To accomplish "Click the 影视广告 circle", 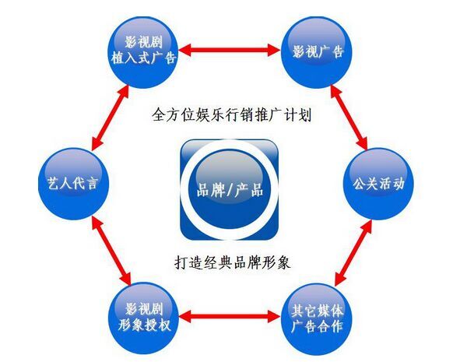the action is click(318, 52).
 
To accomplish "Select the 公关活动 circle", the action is click(378, 184).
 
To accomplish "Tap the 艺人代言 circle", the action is click(74, 184).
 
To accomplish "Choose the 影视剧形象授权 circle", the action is click(144, 318).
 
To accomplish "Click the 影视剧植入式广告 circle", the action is click(144, 52).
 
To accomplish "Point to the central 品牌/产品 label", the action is click(230, 190).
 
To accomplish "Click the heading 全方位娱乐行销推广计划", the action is click(231, 114).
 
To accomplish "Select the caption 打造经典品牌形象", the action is click(233, 262).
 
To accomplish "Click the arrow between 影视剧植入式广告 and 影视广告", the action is click(230, 50).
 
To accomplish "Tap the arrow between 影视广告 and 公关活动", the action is click(349, 118).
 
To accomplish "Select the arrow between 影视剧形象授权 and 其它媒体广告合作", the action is click(230, 317).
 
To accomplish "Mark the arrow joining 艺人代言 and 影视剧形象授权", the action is click(111, 251).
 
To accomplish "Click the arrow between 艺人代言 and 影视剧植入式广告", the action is click(110, 118).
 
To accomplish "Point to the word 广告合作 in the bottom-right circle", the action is click(318, 327).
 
